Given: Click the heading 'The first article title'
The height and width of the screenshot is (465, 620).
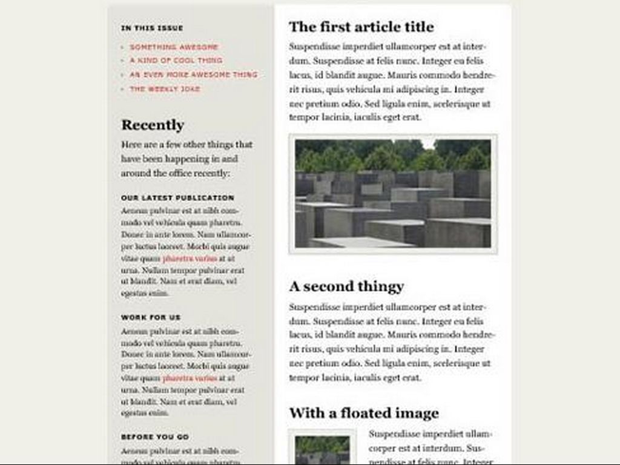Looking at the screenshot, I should (x=361, y=27).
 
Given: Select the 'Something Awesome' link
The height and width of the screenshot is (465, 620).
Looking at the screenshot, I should (x=174, y=47).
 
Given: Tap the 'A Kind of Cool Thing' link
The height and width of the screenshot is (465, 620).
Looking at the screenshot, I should (x=176, y=61).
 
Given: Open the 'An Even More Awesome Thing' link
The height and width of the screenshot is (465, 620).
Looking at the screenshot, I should (x=193, y=74).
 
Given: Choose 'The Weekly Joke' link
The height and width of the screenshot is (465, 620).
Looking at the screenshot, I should (x=165, y=89).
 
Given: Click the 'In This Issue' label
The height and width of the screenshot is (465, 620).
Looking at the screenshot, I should (x=152, y=28).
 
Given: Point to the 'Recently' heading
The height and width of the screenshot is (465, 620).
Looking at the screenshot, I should (x=153, y=125).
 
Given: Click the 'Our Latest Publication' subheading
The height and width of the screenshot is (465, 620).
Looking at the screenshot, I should (x=177, y=198).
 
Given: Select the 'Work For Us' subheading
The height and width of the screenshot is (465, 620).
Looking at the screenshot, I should (x=151, y=317).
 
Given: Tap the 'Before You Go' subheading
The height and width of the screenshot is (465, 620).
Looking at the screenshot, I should (x=155, y=437).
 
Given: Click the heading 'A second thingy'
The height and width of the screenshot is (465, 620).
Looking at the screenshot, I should (x=346, y=286).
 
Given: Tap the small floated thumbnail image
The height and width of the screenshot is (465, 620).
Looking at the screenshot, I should (x=322, y=449).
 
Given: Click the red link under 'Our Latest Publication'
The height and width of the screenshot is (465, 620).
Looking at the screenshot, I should (x=190, y=259).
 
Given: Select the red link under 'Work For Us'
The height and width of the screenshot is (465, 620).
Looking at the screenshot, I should (x=190, y=378).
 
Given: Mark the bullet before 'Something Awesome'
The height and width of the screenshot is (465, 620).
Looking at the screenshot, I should (x=123, y=47).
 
